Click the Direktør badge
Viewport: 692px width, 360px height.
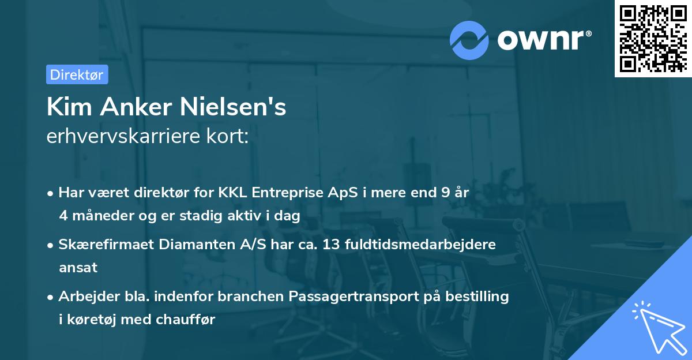(x=77, y=74)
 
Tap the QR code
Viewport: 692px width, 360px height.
(x=653, y=39)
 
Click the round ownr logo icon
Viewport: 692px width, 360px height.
(x=469, y=40)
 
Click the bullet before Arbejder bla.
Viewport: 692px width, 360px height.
(x=51, y=297)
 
